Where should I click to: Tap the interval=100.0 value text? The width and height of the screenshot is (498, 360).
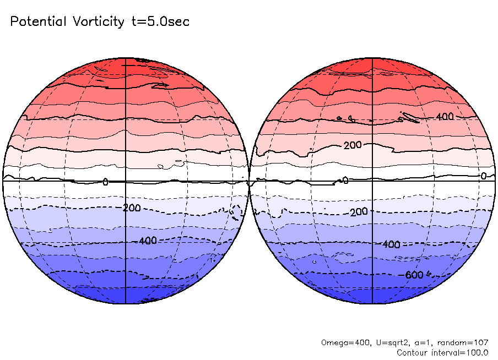[460, 352]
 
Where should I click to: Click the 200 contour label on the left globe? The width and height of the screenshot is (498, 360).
[132, 208]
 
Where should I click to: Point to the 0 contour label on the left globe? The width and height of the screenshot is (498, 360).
[106, 181]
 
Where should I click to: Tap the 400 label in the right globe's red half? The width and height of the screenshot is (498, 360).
[445, 117]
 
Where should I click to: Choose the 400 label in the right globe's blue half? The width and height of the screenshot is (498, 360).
[391, 244]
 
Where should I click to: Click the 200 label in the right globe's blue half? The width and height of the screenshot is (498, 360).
[359, 212]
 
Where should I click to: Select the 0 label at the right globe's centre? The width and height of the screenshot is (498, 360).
[346, 181]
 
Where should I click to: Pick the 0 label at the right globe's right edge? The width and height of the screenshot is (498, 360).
[483, 176]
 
